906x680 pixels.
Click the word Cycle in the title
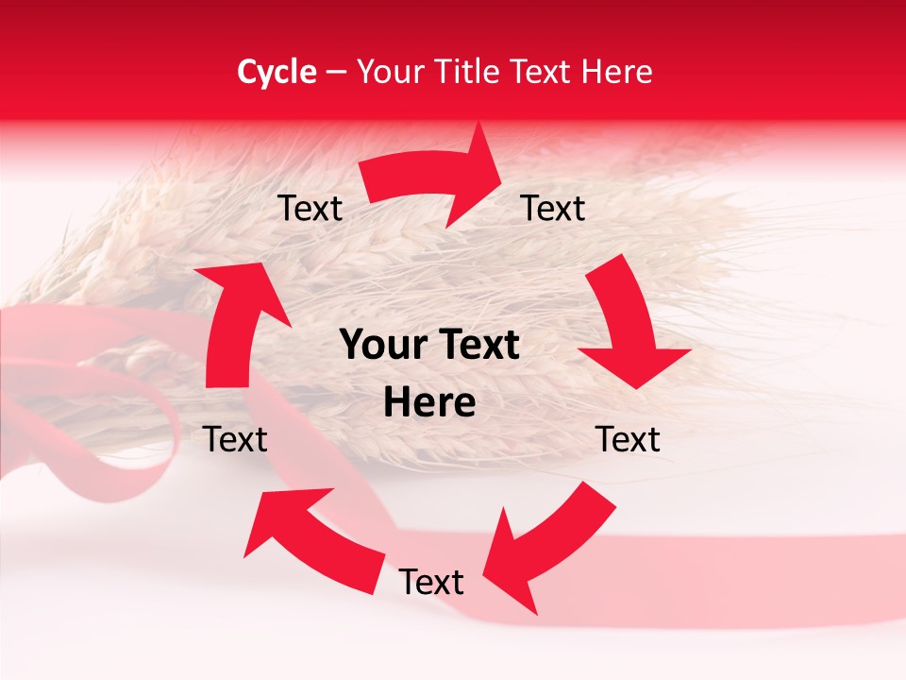pyautogui.click(x=277, y=72)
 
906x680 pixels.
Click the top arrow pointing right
pyautogui.click(x=434, y=179)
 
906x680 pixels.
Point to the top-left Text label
pyautogui.click(x=310, y=208)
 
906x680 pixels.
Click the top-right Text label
pyautogui.click(x=553, y=208)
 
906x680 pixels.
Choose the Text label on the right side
pyautogui.click(x=628, y=439)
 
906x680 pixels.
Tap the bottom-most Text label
pyautogui.click(x=431, y=582)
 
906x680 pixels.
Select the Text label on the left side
pyautogui.click(x=235, y=439)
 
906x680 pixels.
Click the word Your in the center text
pyautogui.click(x=377, y=346)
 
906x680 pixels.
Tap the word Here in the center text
pyautogui.click(x=429, y=403)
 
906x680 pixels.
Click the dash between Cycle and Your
pyautogui.click(x=335, y=72)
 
